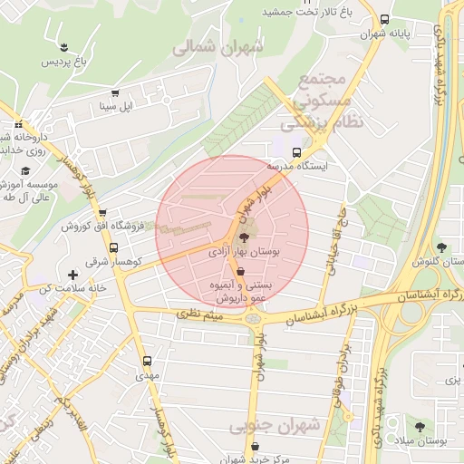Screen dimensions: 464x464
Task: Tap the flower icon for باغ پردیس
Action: pos(64,47)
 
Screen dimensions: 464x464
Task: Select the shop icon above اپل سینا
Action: pos(115,92)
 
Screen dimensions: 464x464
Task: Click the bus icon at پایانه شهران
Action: pos(384,19)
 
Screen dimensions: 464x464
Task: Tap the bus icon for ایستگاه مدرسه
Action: pos(296,152)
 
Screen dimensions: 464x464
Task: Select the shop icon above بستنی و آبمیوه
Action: pos(240,271)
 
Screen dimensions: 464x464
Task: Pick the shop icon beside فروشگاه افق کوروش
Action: pos(113,226)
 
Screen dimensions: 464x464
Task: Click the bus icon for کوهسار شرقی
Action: pos(113,247)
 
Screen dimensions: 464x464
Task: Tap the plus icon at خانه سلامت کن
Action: pos(72,274)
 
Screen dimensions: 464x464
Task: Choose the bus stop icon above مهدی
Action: pos(147,360)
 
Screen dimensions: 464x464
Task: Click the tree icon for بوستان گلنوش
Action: pos(441,246)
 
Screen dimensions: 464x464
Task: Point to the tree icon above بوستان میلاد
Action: pos(420,425)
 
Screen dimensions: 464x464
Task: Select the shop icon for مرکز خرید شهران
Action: pos(256,446)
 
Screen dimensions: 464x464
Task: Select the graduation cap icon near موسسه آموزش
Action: pos(25,170)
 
